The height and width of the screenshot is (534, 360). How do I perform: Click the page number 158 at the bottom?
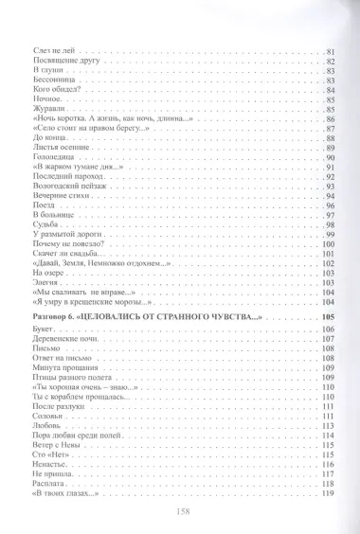pyautogui.click(x=179, y=509)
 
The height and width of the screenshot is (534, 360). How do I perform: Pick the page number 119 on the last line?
pyautogui.click(x=328, y=493)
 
